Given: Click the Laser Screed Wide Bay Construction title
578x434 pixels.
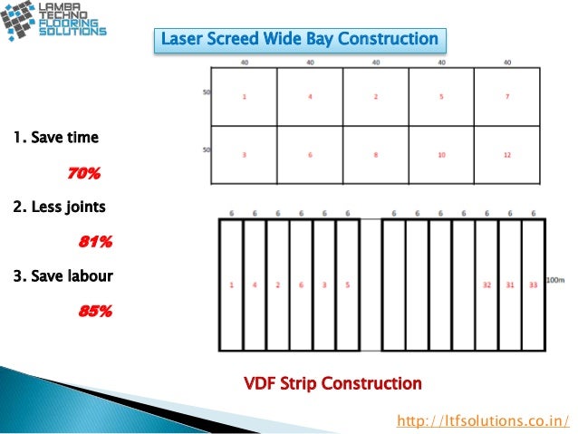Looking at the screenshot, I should coord(299,40).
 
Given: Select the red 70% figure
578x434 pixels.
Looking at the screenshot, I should coord(82,173).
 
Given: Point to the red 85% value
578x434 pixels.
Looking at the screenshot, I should coord(95,311).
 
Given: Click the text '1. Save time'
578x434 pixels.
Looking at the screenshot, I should coord(56,139).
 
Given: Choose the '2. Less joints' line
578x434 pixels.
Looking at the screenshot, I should coord(60,207).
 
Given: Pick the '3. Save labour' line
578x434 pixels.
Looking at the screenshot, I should coord(63,275).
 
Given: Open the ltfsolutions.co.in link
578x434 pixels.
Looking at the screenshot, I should coord(485,420).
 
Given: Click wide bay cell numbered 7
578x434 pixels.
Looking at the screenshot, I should coord(507,95).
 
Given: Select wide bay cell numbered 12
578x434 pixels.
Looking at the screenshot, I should coord(507,155).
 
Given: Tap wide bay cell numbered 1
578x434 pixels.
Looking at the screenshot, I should coord(244,95).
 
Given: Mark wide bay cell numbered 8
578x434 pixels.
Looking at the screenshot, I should coord(376,155).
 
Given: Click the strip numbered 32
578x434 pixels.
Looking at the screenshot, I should coord(486,285).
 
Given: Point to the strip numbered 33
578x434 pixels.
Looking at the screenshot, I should coord(534,285).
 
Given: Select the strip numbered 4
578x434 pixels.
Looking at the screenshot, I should coord(255,285).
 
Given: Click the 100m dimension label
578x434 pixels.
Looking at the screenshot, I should coord(555,280).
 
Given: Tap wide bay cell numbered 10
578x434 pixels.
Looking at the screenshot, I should coord(441,155).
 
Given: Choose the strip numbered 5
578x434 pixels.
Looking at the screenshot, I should coord(348,285).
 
